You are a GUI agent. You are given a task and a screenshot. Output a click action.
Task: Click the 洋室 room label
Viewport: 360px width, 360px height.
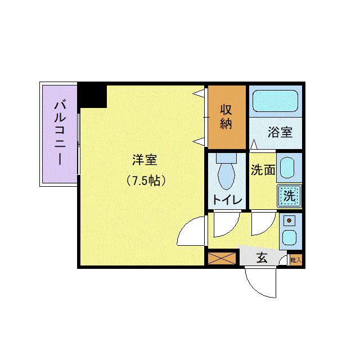click(144, 160)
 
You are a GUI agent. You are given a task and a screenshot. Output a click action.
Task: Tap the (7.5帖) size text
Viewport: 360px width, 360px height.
click(145, 181)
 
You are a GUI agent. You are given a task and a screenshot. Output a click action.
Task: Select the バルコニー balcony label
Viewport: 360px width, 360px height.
click(59, 133)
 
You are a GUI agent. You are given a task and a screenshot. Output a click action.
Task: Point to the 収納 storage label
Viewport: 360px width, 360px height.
click(226, 116)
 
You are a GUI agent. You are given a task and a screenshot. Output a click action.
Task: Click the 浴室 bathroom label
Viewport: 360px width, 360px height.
click(280, 133)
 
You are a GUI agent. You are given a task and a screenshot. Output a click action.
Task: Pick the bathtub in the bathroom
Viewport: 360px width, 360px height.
click(275, 100)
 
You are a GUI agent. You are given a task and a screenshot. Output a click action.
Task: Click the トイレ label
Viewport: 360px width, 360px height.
click(227, 200)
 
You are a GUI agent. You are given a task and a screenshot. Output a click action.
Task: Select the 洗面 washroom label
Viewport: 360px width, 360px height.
click(263, 170)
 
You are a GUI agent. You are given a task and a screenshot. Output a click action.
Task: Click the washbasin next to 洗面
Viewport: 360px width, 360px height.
click(288, 168)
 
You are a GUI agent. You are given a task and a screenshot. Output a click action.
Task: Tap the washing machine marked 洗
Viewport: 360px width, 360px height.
click(289, 196)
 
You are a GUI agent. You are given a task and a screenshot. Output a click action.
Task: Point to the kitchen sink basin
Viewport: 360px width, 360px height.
click(290, 237)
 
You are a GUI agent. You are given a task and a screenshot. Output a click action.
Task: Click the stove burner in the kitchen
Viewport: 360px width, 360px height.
click(290, 220)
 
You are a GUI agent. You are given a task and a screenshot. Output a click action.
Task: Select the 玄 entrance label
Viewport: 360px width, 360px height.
click(262, 258)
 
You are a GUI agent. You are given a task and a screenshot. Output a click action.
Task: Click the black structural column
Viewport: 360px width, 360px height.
click(92, 95)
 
